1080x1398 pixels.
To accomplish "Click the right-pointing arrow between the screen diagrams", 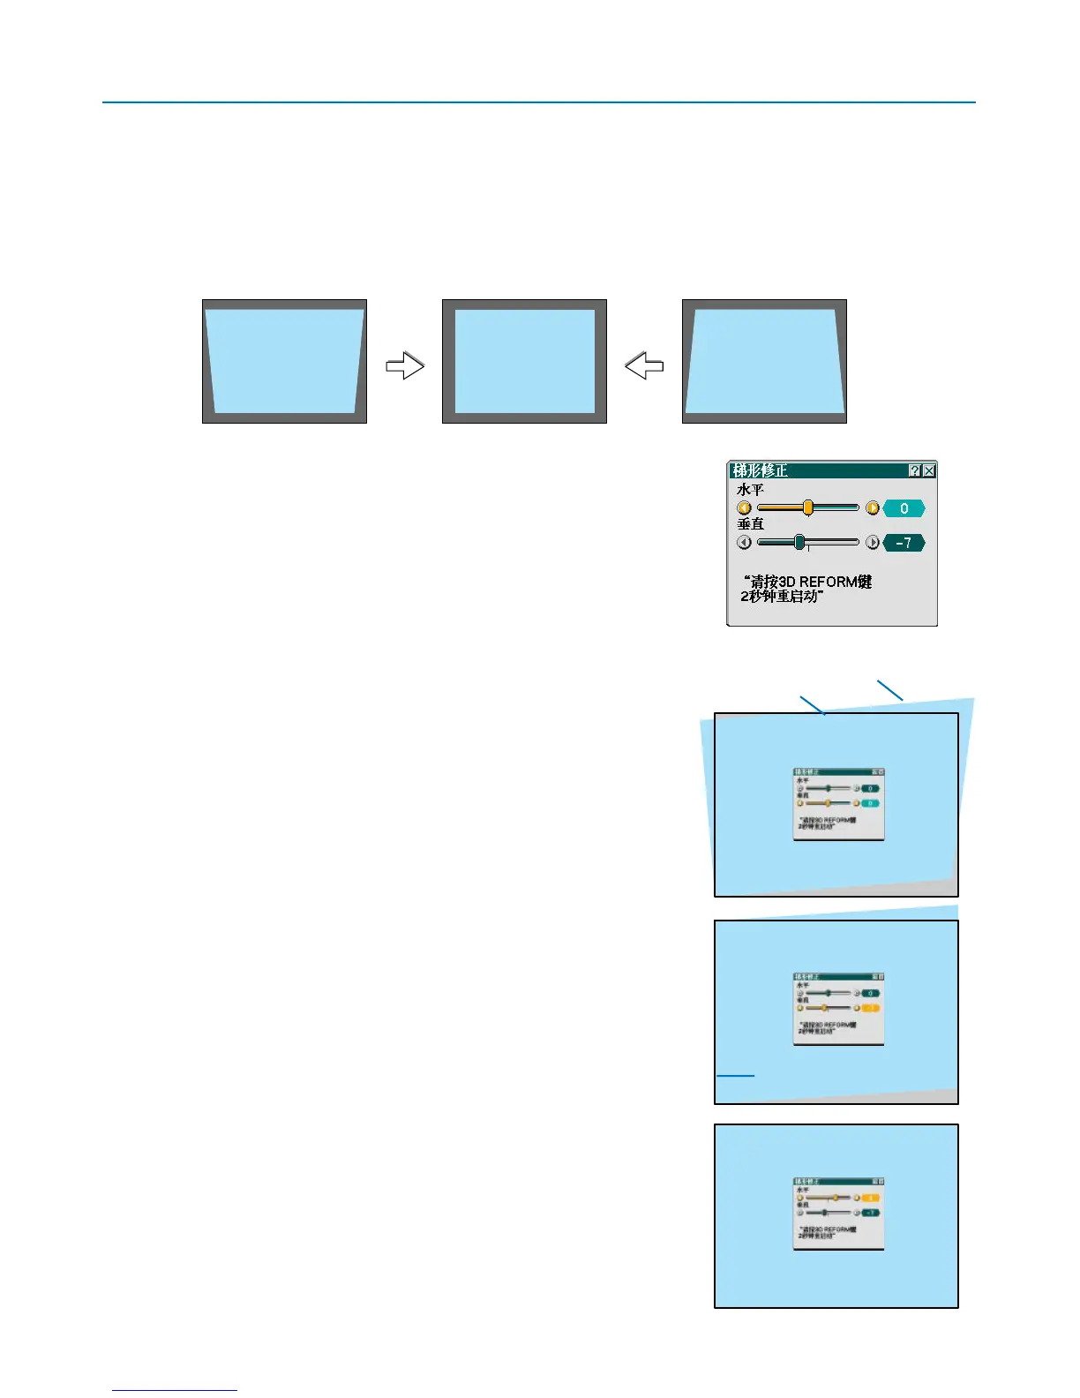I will pyautogui.click(x=405, y=365).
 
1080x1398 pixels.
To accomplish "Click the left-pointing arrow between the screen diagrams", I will pyautogui.click(x=644, y=365).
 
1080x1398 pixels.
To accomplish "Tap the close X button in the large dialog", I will pyautogui.click(x=929, y=471).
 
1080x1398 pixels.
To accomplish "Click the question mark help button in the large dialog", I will pyautogui.click(x=915, y=471).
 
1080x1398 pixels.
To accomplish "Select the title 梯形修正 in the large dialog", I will pyautogui.click(x=760, y=471).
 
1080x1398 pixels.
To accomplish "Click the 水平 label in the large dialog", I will pyautogui.click(x=750, y=490).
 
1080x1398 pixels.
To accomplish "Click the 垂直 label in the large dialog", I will pyautogui.click(x=750, y=524).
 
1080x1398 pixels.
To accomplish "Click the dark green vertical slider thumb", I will pyautogui.click(x=799, y=542).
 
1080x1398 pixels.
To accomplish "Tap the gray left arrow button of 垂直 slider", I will pyautogui.click(x=744, y=543).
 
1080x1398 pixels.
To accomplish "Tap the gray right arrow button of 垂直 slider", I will pyautogui.click(x=873, y=543).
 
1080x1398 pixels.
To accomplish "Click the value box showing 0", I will pyautogui.click(x=904, y=508).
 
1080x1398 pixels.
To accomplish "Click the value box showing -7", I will pyautogui.click(x=904, y=543).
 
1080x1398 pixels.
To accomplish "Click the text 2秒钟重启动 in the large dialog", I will pyautogui.click(x=782, y=597).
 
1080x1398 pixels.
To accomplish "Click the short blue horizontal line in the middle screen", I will pyautogui.click(x=735, y=1076).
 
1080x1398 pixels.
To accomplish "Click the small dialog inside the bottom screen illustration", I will pyautogui.click(x=838, y=1214).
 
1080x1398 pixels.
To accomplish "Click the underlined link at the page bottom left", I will pyautogui.click(x=175, y=1390).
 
